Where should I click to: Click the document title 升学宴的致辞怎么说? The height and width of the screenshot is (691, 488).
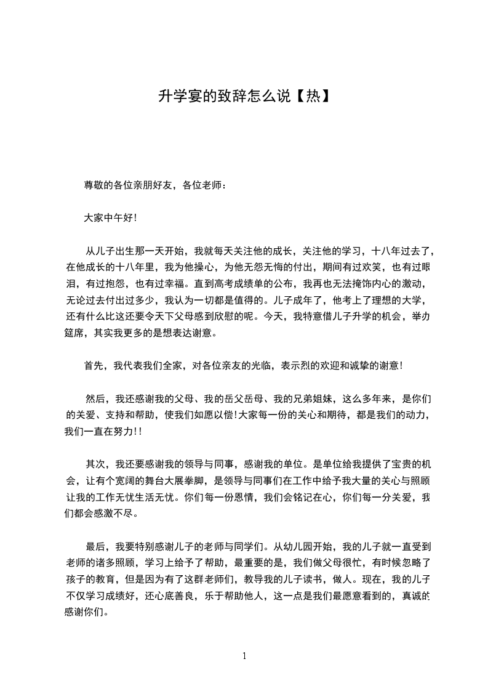(223, 95)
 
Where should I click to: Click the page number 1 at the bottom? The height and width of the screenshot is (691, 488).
(244, 656)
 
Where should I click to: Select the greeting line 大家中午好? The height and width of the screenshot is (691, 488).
(110, 217)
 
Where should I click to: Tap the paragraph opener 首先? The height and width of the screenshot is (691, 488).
(94, 366)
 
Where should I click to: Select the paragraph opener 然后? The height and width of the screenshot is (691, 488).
(96, 398)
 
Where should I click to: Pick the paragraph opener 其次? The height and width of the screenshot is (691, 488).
(96, 464)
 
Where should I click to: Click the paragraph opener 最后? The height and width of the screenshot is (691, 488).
(96, 546)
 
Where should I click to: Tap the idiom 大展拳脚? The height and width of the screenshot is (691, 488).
(186, 481)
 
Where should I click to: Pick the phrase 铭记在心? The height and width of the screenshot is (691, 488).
(309, 497)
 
